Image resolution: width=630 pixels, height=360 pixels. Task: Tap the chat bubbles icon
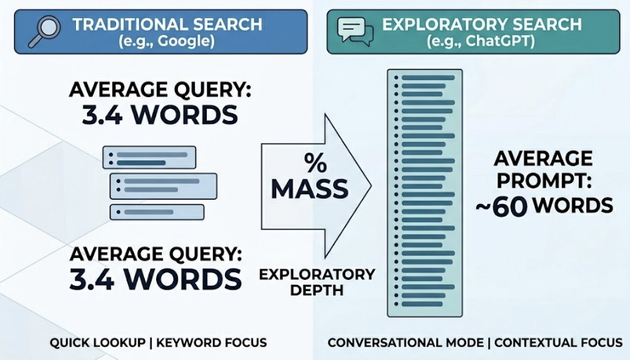355,31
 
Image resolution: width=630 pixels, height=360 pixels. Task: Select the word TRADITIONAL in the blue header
120,24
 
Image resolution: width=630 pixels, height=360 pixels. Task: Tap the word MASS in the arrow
309,188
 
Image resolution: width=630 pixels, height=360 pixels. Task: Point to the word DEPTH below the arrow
317,290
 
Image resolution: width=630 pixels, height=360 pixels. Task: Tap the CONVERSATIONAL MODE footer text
405,343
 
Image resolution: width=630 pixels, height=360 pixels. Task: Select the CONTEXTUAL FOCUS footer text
558,343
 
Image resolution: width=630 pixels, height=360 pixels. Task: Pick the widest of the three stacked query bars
163,186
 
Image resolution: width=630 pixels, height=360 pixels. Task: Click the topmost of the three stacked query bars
149,157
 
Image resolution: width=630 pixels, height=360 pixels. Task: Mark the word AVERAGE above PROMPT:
542,157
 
